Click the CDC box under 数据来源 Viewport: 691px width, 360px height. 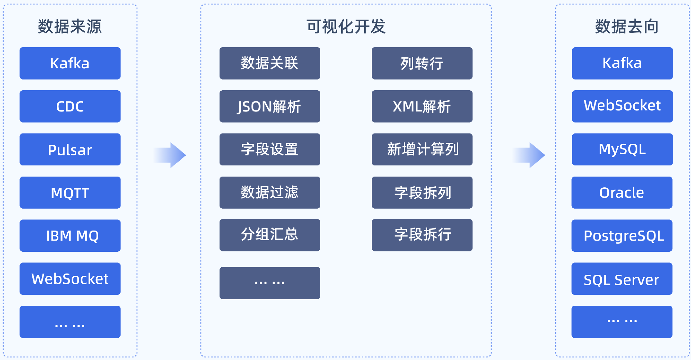[70, 106]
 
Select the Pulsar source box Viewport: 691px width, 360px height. [70, 150]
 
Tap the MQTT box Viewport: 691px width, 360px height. [70, 193]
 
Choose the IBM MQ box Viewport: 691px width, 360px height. [70, 236]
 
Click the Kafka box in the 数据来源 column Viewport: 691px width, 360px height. [70, 63]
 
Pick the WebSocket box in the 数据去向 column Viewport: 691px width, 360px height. [622, 106]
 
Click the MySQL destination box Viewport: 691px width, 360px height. [622, 150]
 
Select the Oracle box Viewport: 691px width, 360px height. [622, 193]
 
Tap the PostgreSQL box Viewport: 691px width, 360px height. [622, 236]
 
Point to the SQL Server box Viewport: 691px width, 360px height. [622, 279]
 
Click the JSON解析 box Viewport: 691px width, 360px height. [270, 106]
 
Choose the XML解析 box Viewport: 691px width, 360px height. [422, 106]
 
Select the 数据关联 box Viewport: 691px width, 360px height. [270, 63]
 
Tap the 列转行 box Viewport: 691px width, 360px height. [422, 63]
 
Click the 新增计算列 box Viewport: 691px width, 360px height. [422, 150]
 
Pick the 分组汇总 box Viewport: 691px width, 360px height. [270, 235]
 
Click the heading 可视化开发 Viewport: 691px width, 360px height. [346, 27]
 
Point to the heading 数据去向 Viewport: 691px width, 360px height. [627, 27]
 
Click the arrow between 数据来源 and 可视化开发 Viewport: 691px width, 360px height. [170, 155]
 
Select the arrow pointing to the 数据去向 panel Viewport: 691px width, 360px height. [529, 155]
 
